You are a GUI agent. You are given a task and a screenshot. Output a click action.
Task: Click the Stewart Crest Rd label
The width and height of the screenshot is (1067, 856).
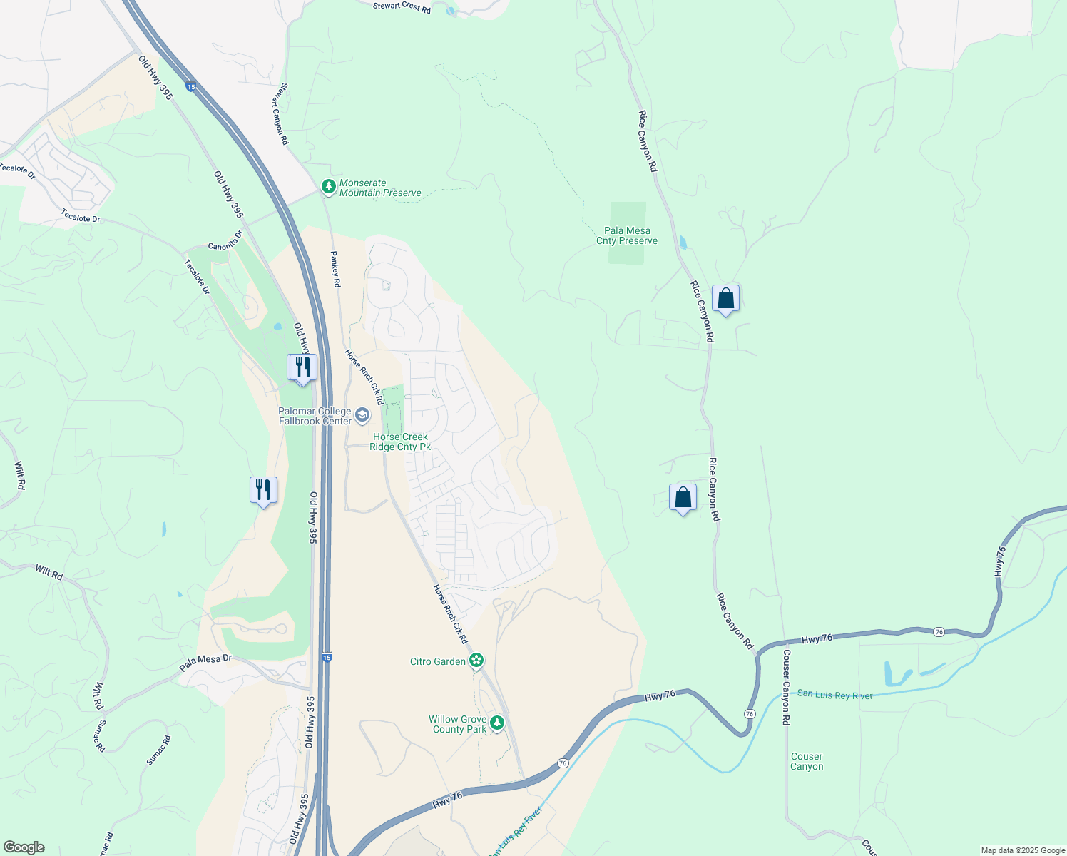point(402,8)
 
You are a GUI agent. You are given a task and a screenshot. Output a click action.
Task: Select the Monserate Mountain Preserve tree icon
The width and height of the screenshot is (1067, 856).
point(328,187)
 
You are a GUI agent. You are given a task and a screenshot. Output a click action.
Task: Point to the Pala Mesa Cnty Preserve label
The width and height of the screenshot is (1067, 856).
point(627,235)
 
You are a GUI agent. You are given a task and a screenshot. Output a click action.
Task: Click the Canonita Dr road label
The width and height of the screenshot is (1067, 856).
point(225,240)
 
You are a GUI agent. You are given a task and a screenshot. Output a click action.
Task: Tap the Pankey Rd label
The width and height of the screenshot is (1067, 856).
point(335,269)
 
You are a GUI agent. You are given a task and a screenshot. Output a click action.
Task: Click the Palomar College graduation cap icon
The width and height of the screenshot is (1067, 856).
point(362,415)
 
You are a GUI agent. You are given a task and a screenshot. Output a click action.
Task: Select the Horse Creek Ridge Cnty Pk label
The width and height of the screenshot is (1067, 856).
point(400,442)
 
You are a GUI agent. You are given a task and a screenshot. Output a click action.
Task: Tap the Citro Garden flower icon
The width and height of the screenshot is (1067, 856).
point(476,661)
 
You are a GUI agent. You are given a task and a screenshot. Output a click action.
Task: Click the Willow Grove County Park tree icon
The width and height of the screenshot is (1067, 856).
point(497,723)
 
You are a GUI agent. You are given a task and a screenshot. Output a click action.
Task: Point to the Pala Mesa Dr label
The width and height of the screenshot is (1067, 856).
point(205,663)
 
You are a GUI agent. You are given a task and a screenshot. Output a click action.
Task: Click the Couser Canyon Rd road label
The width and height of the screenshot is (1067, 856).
point(786,687)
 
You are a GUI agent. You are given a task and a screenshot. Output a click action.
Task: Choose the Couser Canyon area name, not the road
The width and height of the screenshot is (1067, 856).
point(807,761)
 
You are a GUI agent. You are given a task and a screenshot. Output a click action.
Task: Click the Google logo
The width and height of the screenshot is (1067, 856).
point(24,847)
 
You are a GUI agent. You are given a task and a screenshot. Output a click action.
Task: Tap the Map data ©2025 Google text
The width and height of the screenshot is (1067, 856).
point(1023,850)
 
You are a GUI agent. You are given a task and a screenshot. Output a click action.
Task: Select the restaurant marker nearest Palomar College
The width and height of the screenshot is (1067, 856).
point(302,367)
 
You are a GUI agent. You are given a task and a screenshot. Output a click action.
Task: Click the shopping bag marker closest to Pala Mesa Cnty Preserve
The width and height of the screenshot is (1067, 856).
point(725,298)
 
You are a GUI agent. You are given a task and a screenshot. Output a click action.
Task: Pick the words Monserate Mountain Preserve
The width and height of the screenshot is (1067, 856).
point(380,188)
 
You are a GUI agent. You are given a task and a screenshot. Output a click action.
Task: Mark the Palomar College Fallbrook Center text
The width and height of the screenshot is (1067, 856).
point(315,416)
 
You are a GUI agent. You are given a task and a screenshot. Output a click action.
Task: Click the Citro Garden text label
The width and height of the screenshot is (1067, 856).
point(438,661)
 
